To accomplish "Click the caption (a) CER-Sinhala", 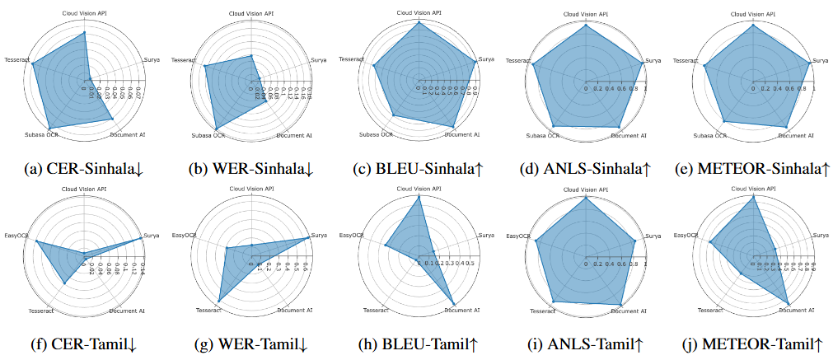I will pos(85,170).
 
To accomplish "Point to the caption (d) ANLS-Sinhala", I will pos(585,170).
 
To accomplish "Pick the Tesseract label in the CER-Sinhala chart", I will pos(16,60).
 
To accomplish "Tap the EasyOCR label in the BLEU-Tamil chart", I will pos(351,236).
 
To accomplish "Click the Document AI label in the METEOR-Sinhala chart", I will pos(797,134).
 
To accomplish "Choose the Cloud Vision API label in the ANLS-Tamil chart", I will pos(585,189).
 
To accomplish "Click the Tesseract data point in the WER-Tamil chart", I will pos(219,300).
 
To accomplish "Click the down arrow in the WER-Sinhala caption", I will pos(309,170).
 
